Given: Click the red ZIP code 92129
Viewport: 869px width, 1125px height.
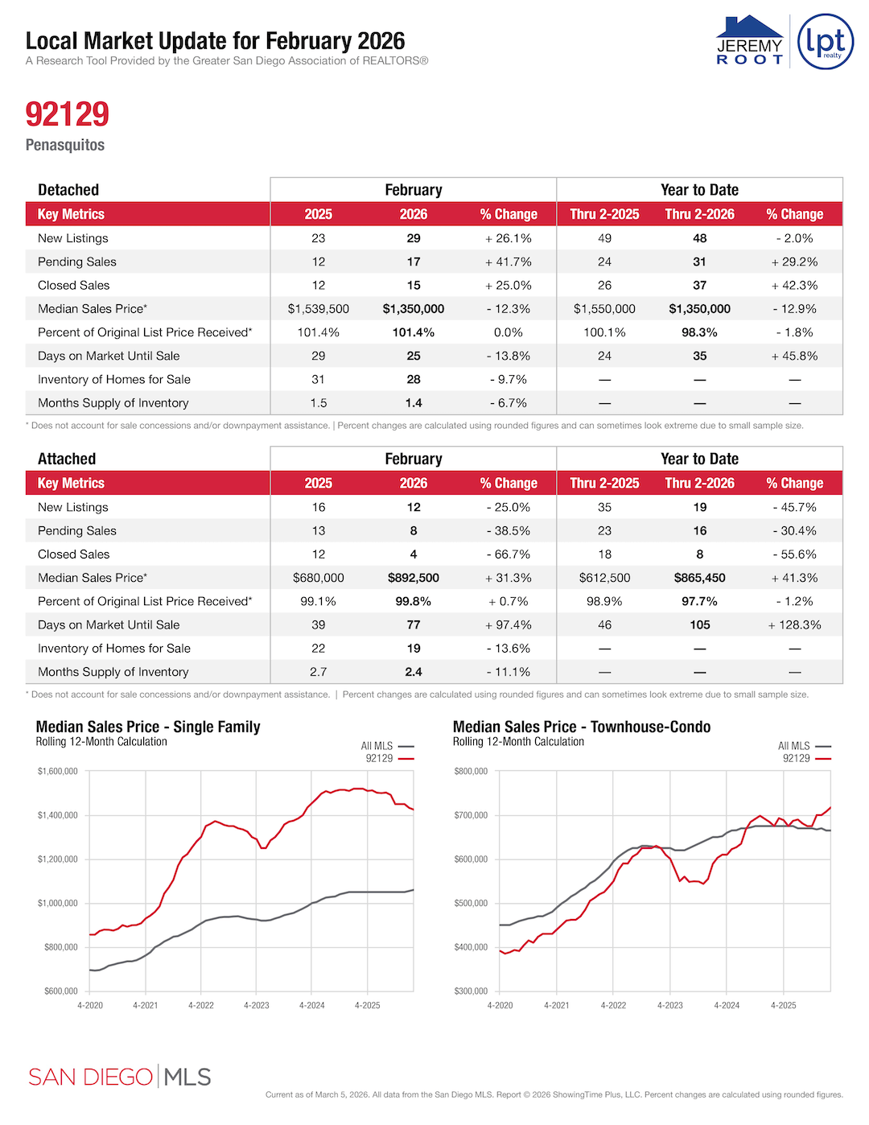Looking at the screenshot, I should click(67, 114).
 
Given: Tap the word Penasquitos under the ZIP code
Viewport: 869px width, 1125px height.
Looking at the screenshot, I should click(65, 145).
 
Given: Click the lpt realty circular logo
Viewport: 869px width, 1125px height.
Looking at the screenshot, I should click(825, 42).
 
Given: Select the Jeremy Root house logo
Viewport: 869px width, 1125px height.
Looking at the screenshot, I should click(749, 40).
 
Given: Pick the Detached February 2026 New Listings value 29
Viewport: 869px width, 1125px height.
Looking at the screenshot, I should click(414, 238).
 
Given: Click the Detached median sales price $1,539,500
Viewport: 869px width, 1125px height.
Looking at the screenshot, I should click(319, 309).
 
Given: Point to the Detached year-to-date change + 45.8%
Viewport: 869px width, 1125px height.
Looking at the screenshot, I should click(794, 356).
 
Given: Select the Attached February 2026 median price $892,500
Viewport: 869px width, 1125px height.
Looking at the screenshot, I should click(414, 578).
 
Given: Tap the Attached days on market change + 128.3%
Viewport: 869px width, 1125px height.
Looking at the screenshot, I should click(794, 624).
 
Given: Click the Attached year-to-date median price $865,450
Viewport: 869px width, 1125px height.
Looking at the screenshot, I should click(699, 578).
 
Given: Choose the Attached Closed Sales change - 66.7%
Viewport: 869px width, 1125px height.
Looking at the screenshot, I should click(509, 554).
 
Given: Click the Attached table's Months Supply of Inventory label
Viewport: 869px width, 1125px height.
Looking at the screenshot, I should click(113, 672).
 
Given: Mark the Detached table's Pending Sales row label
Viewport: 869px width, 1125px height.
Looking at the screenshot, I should click(77, 262).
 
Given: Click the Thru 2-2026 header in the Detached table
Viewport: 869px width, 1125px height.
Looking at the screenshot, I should click(699, 214).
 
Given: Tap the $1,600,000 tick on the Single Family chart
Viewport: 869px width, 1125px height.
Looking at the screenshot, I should click(58, 772).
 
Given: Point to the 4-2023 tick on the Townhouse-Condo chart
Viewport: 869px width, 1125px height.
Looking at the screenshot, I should click(669, 1005).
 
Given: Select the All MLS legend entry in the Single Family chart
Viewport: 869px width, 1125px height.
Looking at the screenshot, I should click(386, 746).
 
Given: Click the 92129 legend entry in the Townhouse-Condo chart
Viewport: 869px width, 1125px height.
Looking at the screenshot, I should click(805, 758).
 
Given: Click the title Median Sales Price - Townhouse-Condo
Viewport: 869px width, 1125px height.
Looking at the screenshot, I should click(582, 727).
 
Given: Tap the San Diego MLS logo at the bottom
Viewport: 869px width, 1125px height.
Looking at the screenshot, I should click(119, 1077).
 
